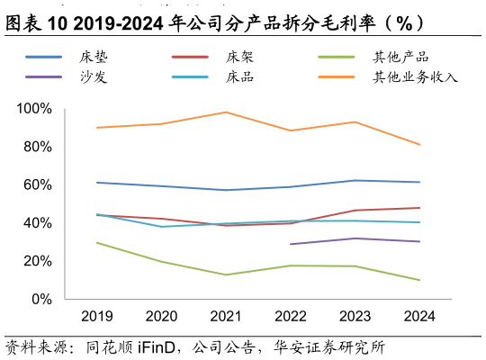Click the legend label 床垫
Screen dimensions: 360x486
coord(94,57)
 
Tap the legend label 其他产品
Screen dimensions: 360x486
coord(400,57)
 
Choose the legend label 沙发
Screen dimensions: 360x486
coord(94,76)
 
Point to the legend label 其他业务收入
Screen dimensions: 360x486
coord(415,76)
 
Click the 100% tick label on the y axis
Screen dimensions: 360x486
coord(34,109)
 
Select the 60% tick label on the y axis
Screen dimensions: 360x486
coord(38,185)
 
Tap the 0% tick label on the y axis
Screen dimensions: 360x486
coord(41,300)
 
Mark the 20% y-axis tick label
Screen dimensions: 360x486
coord(38,261)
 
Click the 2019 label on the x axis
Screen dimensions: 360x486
coord(97,316)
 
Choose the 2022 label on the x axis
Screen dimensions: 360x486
coord(291,316)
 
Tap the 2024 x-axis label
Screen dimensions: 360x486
coord(419,316)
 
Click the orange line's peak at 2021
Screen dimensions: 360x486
coord(226,112)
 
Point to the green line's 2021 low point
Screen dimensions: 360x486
coord(226,274)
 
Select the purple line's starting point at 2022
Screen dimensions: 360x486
coord(291,244)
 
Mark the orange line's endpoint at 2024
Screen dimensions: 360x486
coord(419,145)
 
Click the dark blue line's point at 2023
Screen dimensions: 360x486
coord(355,180)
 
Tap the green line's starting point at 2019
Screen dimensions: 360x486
coord(97,243)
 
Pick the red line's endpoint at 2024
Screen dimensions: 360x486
coord(419,208)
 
